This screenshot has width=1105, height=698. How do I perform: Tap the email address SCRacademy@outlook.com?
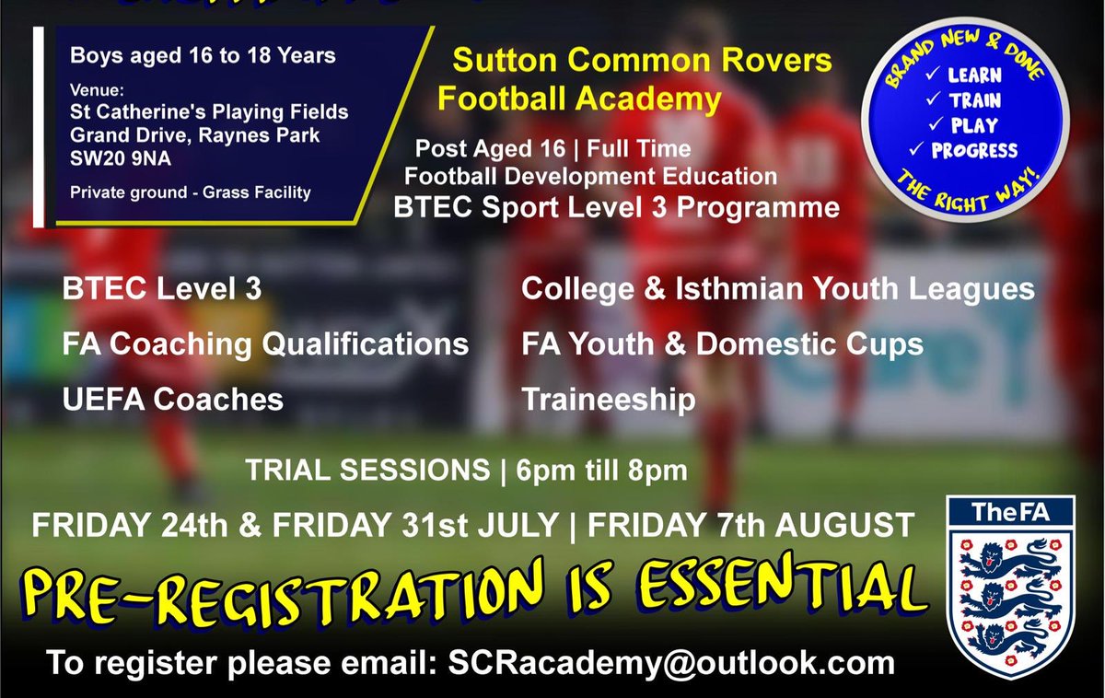click(670, 663)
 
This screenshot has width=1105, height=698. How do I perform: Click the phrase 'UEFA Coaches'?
click(173, 399)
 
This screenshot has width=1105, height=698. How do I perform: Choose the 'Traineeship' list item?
click(609, 399)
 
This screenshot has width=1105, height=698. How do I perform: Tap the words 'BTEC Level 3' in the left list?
click(162, 289)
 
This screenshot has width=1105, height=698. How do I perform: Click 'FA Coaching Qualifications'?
click(265, 344)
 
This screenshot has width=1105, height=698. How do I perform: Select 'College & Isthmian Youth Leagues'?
click(778, 289)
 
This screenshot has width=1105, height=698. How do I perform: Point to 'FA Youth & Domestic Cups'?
click(722, 344)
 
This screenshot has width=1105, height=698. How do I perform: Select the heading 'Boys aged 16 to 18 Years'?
click(204, 56)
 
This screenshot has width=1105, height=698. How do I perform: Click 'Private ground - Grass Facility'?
click(191, 193)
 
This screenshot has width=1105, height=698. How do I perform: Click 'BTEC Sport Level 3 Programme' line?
click(616, 208)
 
